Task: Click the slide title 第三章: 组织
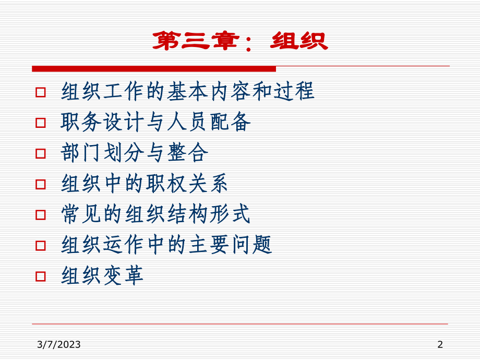tap(239, 41)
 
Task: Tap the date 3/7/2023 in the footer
tap(59, 344)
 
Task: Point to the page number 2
tap(440, 344)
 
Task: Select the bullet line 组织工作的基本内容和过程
tap(188, 91)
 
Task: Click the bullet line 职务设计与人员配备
tap(155, 122)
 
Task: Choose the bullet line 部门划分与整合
tap(134, 153)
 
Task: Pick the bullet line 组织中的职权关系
tap(145, 184)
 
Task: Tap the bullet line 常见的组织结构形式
tap(155, 214)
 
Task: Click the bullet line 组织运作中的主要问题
tap(166, 245)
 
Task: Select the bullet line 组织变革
tap(102, 276)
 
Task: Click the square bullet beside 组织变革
tap(40, 277)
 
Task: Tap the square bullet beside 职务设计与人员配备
tap(40, 123)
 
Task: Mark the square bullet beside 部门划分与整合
tap(40, 153)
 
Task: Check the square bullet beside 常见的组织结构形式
tap(40, 215)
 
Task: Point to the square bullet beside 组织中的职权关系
tap(40, 184)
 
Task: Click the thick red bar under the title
tap(154, 68)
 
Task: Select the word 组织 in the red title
tap(299, 41)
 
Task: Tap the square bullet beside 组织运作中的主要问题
tap(40, 246)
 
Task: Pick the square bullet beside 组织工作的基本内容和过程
tap(40, 92)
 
